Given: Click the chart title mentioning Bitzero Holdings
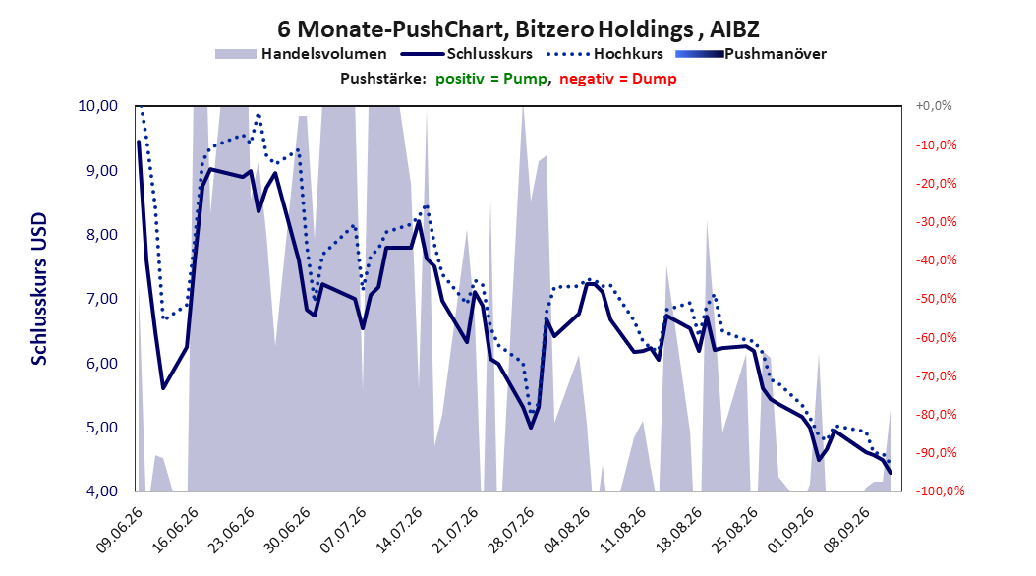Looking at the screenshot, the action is [518, 29].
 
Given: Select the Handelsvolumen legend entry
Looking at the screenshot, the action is [302, 54].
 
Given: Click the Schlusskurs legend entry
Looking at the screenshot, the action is [467, 54].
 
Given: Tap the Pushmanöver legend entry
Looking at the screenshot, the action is [751, 54].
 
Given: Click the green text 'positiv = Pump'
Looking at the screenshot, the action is [491, 79].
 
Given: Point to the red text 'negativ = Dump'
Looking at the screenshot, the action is [618, 79].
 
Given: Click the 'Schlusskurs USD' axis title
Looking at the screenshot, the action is [39, 289].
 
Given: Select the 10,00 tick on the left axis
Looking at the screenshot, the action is [97, 106].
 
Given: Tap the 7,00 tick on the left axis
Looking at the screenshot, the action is [97, 299].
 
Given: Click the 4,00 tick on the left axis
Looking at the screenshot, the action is [97, 491].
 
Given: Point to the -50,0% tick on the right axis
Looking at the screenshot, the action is [936, 299].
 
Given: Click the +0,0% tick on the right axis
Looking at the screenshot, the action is [934, 106].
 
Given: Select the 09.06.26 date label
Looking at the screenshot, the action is [120, 531].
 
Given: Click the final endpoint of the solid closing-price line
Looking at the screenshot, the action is [891, 473].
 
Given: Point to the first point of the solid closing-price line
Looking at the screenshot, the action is [139, 142].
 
